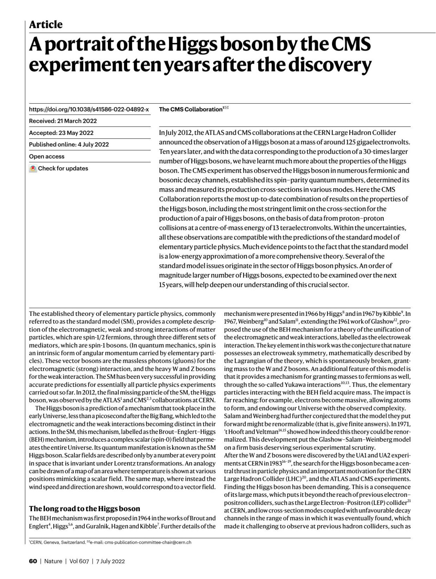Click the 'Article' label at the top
[46, 24]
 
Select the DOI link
[89, 109]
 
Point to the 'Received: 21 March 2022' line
[63, 121]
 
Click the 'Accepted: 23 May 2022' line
[61, 133]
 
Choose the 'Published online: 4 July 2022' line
[69, 144]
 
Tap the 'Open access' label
[47, 156]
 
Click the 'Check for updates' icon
[33, 168]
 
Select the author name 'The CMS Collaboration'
[191, 109]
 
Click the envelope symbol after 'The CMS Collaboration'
[227, 108]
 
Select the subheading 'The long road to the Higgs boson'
[84, 508]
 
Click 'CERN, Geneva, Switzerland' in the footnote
[58, 542]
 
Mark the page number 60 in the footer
[33, 561]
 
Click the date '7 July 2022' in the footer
[110, 561]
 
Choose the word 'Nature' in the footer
[53, 561]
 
